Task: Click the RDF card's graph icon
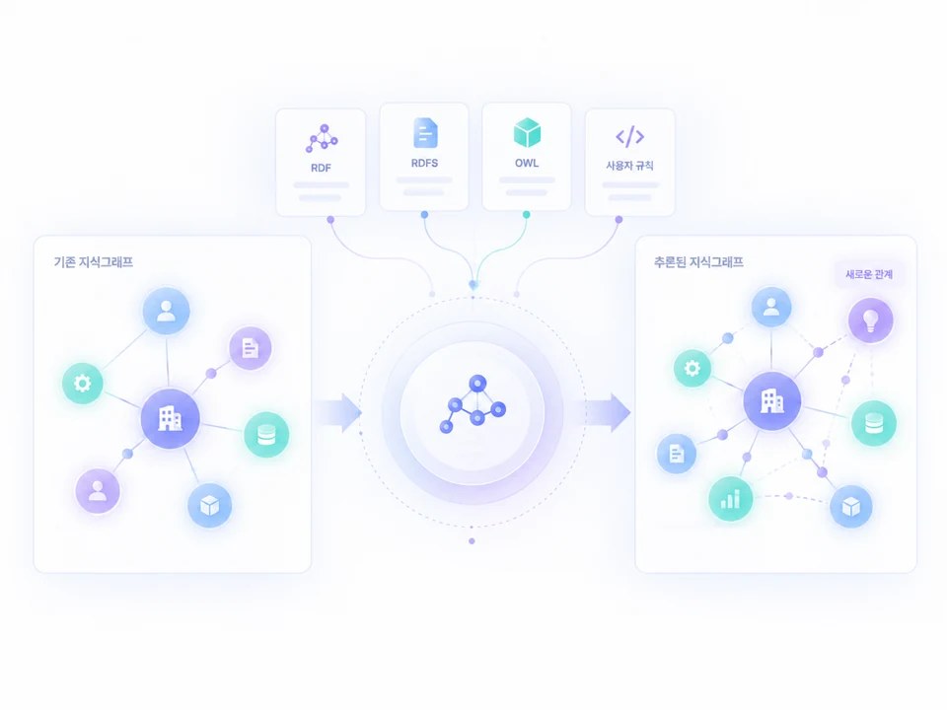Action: (322, 138)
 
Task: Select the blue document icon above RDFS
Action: (425, 133)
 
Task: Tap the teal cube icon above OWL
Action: (527, 132)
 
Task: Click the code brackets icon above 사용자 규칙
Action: (629, 136)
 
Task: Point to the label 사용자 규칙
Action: (629, 166)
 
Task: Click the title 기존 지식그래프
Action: (94, 262)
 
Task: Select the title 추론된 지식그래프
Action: (698, 262)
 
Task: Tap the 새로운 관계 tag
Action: (868, 274)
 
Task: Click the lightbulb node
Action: (870, 319)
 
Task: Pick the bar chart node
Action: (730, 499)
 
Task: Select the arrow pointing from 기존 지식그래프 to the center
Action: (337, 413)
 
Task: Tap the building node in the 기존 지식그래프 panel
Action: (171, 418)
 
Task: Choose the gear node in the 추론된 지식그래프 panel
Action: (692, 368)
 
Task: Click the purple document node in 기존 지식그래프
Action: (250, 348)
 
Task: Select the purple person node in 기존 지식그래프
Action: (98, 491)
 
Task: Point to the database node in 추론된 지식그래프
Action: (874, 423)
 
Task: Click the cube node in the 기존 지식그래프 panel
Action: (209, 505)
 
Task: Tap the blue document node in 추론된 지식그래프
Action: (677, 454)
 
